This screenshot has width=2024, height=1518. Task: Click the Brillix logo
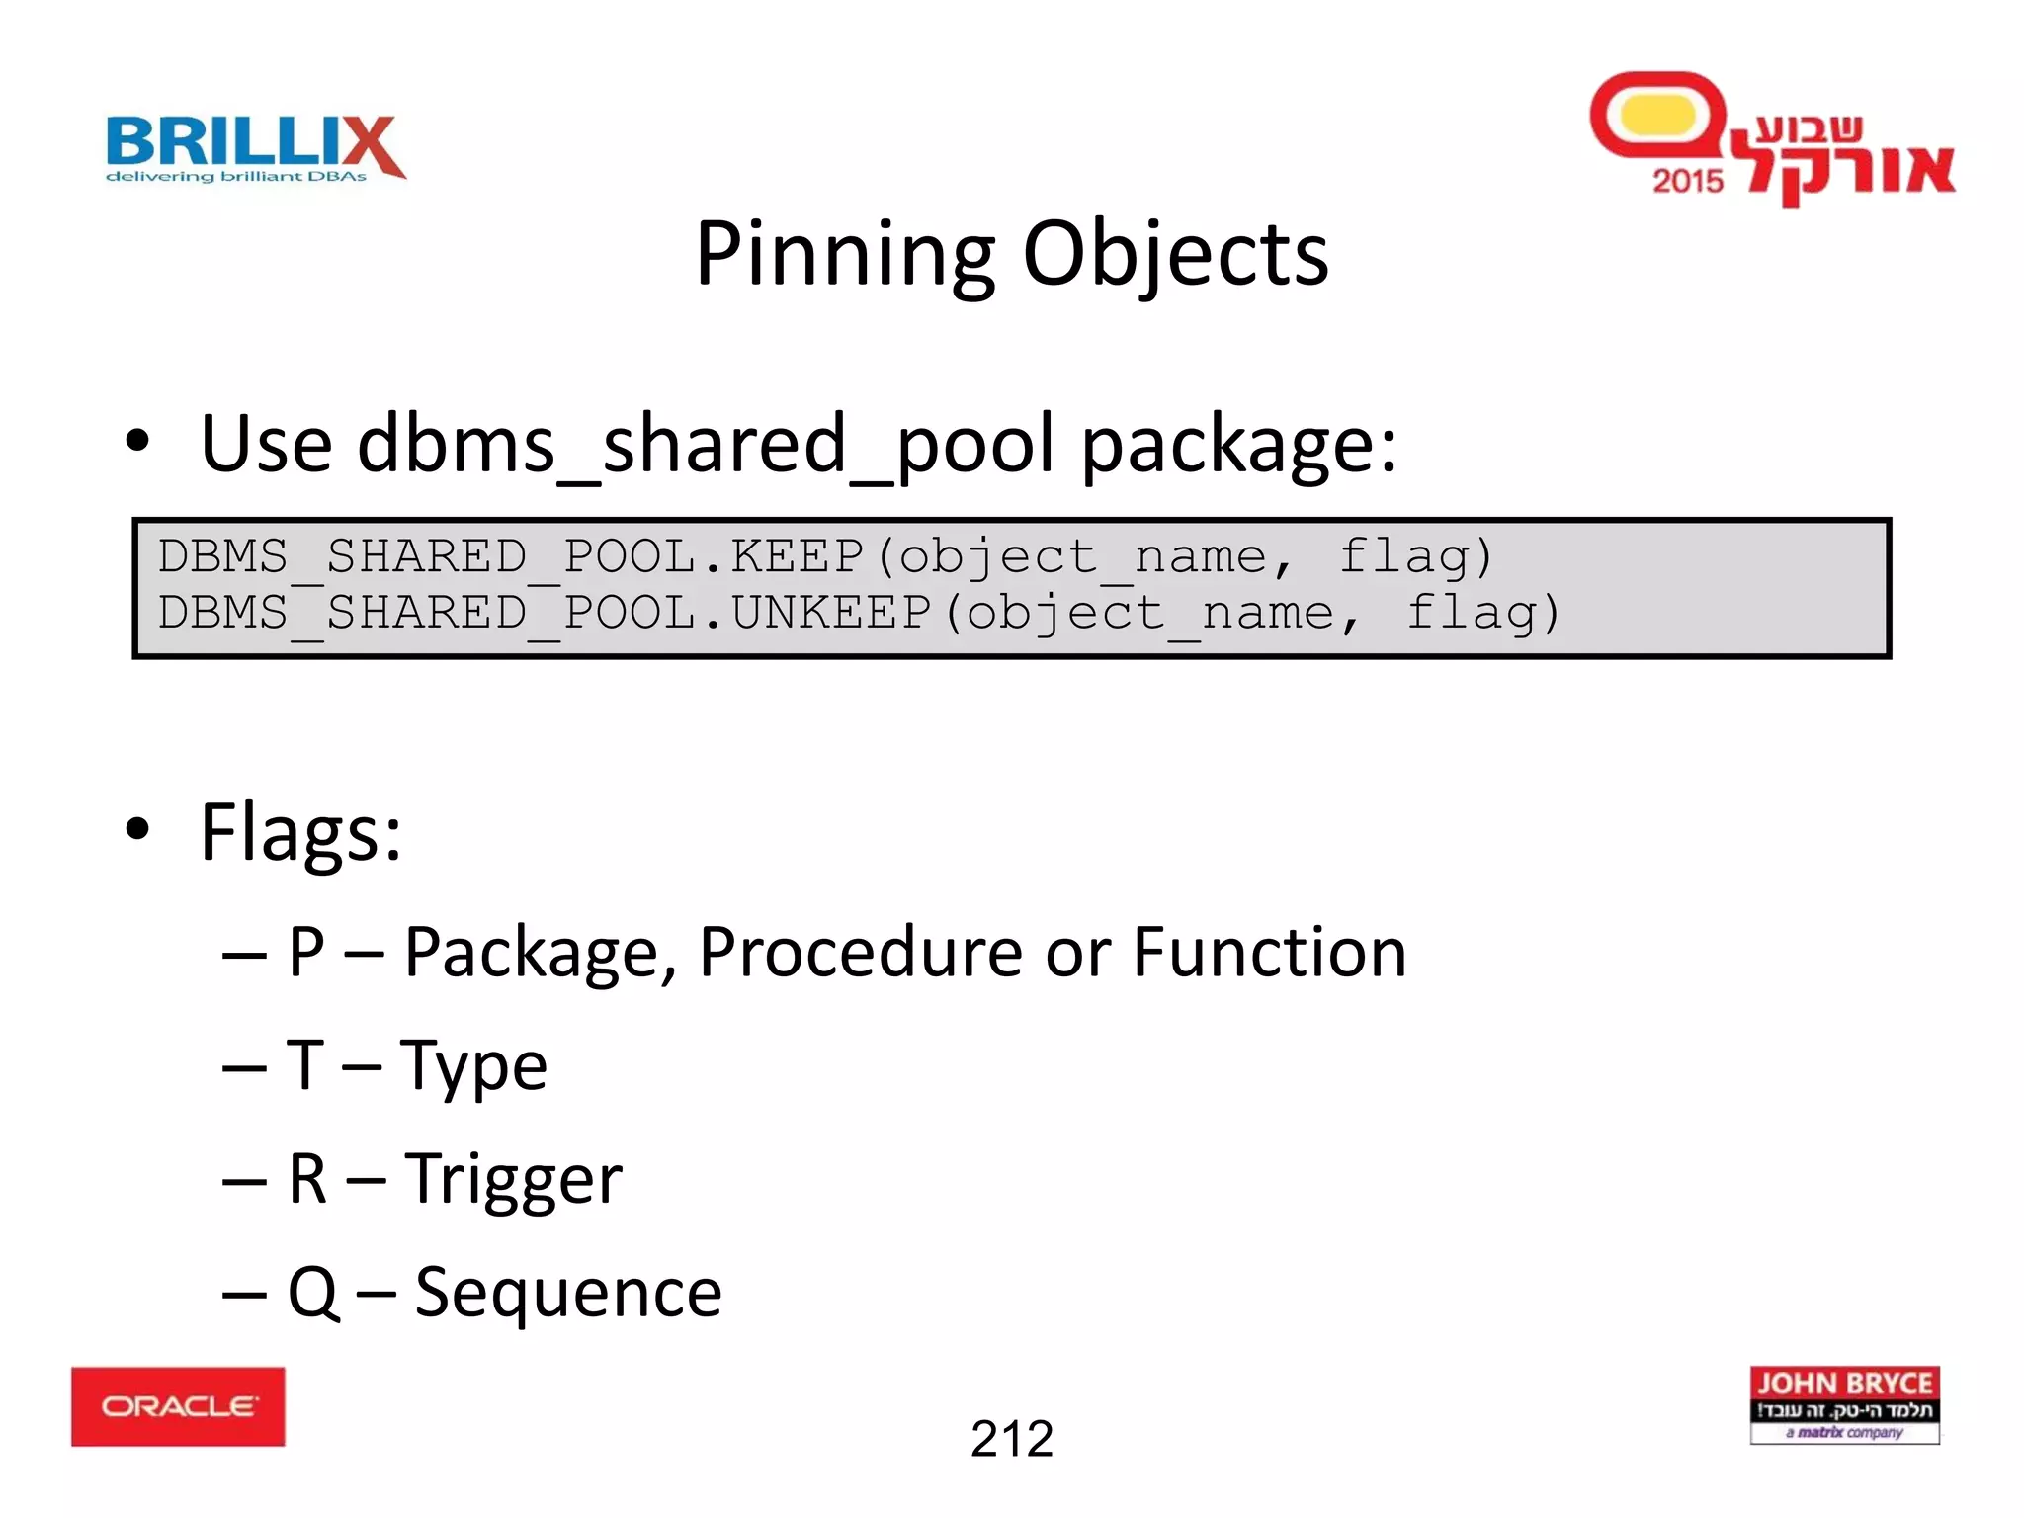click(255, 148)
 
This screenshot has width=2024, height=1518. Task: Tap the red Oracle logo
click(178, 1405)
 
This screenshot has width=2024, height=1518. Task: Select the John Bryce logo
click(1844, 1404)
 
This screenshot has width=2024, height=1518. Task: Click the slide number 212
click(1012, 1438)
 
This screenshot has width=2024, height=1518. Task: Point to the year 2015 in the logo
click(1687, 181)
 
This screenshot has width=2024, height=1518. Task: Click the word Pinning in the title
click(844, 254)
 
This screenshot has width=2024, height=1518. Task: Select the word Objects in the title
click(1175, 254)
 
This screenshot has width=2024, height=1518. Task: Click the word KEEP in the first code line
click(797, 556)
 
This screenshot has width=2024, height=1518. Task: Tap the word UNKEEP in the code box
click(830, 613)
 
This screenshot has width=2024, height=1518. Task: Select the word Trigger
click(514, 1178)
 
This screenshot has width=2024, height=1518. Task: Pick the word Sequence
click(568, 1292)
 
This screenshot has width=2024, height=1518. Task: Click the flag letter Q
click(313, 1292)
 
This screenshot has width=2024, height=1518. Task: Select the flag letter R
click(307, 1178)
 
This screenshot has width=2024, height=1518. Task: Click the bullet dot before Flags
click(137, 830)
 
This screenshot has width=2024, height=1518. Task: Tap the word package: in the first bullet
click(1239, 445)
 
